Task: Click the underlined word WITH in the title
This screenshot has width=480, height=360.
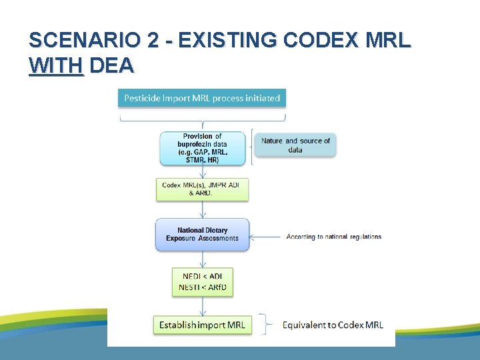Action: (x=56, y=65)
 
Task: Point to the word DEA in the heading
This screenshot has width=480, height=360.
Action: (x=111, y=65)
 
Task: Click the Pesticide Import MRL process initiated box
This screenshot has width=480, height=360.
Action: (x=202, y=98)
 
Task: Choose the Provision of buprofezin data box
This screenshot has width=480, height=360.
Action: (x=202, y=148)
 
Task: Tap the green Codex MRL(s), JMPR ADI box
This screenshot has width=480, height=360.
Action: (x=202, y=189)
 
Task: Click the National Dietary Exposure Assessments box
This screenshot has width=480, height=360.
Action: (x=202, y=235)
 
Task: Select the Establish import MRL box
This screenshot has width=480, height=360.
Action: (x=202, y=325)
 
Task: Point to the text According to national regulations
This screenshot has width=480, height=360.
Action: (x=333, y=237)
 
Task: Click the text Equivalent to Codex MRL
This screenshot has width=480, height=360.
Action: (x=333, y=325)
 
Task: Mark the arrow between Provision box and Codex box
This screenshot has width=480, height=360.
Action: (x=203, y=171)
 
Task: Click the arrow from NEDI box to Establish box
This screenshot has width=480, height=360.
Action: (x=203, y=306)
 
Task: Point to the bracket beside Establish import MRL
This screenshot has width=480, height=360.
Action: (x=267, y=325)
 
